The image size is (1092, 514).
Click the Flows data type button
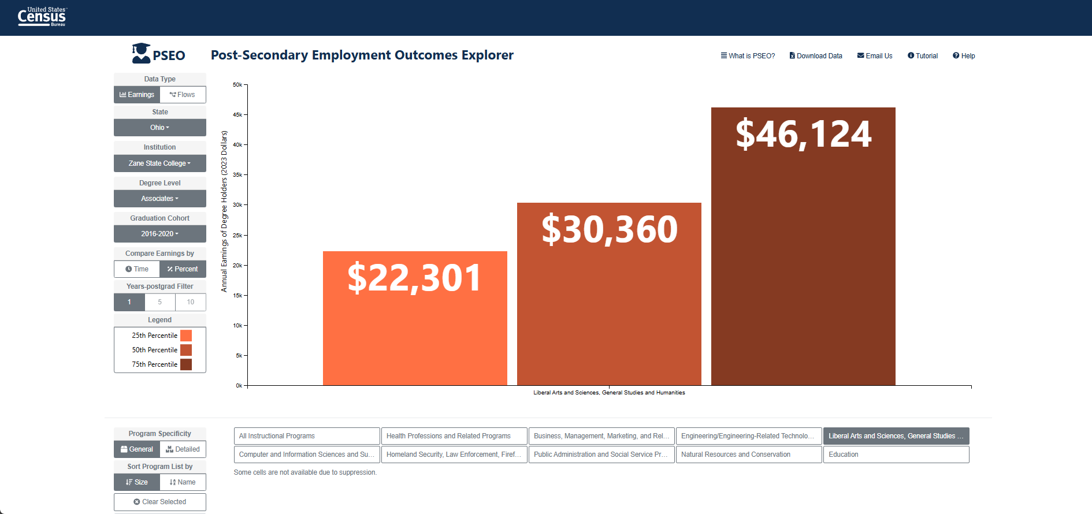pos(183,95)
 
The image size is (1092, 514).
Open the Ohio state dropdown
pos(160,128)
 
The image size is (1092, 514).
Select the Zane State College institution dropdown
pos(160,163)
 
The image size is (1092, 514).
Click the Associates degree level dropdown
pos(160,199)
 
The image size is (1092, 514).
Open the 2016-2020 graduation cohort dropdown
pos(160,234)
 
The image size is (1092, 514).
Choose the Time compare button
pos(137,269)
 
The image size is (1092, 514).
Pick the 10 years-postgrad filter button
pos(191,302)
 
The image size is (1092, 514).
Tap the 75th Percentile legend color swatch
pos(186,364)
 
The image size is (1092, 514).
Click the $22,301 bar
pos(415,318)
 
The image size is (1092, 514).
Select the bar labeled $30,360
pos(609,294)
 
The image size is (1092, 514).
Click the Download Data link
pos(816,56)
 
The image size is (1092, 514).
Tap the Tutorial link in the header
pos(923,56)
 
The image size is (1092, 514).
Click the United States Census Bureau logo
pos(42,17)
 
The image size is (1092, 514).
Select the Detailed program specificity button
pos(183,449)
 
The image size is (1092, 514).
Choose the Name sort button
pos(183,482)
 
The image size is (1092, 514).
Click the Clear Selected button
pos(160,502)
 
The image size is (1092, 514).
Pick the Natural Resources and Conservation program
pos(749,455)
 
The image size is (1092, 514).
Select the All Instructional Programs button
pos(307,436)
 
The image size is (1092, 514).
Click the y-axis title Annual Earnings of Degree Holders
pos(224,211)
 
